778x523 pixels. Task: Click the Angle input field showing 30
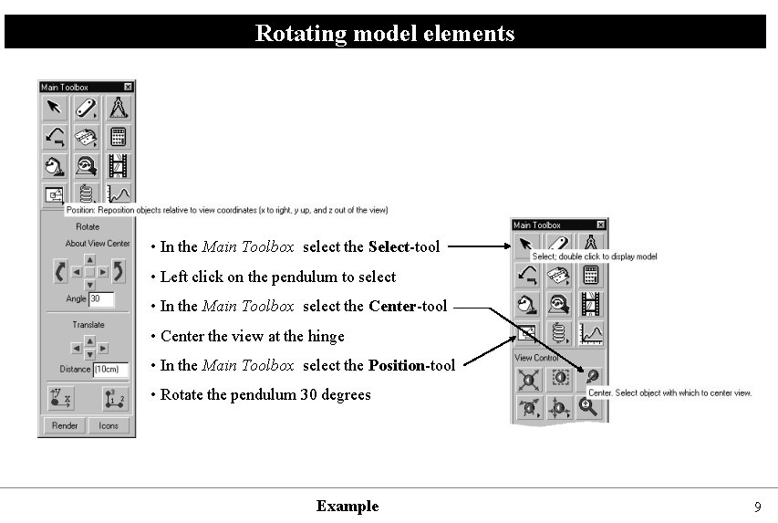[101, 299]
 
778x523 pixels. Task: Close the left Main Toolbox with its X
[128, 87]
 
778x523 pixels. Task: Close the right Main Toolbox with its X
[600, 225]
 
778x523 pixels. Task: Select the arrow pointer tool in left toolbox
[55, 109]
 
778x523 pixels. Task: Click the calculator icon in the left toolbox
[118, 138]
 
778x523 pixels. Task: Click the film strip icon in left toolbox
[118, 166]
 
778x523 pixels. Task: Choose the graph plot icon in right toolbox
[590, 333]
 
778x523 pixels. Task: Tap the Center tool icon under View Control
[590, 377]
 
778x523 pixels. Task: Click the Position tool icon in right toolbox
[527, 333]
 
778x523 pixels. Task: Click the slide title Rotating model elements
[385, 34]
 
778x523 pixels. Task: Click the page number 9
[757, 507]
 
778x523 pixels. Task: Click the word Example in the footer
[348, 506]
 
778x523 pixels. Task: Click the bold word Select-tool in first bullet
[404, 246]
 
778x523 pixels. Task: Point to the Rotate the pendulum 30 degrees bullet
[265, 394]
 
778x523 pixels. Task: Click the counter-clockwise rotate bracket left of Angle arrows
[60, 272]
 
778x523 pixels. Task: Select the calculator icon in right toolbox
[590, 276]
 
